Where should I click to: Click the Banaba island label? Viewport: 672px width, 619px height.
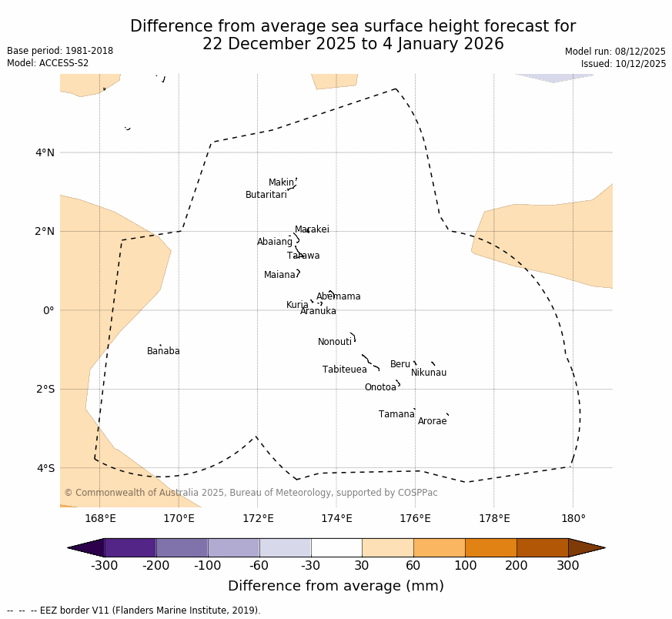click(x=163, y=352)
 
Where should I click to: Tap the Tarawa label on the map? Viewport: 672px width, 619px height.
click(x=303, y=256)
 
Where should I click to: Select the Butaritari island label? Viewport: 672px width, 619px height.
click(x=266, y=196)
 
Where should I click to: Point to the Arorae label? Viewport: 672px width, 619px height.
click(x=432, y=422)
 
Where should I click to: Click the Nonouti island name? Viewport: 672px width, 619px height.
click(x=335, y=343)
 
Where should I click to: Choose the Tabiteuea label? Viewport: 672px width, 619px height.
click(x=345, y=370)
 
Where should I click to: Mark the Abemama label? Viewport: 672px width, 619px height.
click(x=339, y=297)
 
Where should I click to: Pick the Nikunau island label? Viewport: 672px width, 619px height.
click(x=429, y=373)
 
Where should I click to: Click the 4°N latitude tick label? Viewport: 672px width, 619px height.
click(x=45, y=152)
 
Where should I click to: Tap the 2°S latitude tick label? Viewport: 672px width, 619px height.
click(x=45, y=389)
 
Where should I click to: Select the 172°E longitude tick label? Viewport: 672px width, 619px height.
click(x=258, y=518)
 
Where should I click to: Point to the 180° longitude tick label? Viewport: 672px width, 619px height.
click(x=573, y=518)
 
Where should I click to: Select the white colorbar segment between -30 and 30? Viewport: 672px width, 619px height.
click(x=336, y=547)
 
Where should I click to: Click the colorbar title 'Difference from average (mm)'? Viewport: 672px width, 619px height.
click(x=336, y=587)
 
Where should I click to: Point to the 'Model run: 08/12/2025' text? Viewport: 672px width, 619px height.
click(x=615, y=52)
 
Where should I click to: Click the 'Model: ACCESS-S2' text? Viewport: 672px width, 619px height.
click(x=48, y=63)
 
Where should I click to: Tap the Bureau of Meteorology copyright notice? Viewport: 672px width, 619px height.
click(x=251, y=493)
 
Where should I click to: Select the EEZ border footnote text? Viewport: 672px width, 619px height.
click(x=134, y=611)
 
